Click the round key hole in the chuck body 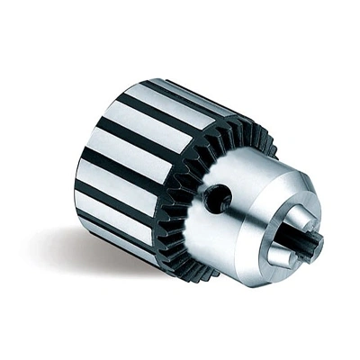point(217,197)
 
